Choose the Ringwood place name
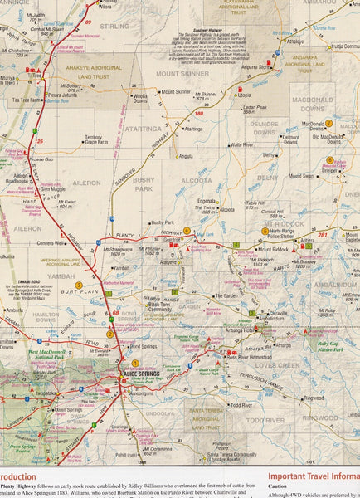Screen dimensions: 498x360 tap(314, 398)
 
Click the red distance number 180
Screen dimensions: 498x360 tap(198, 112)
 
